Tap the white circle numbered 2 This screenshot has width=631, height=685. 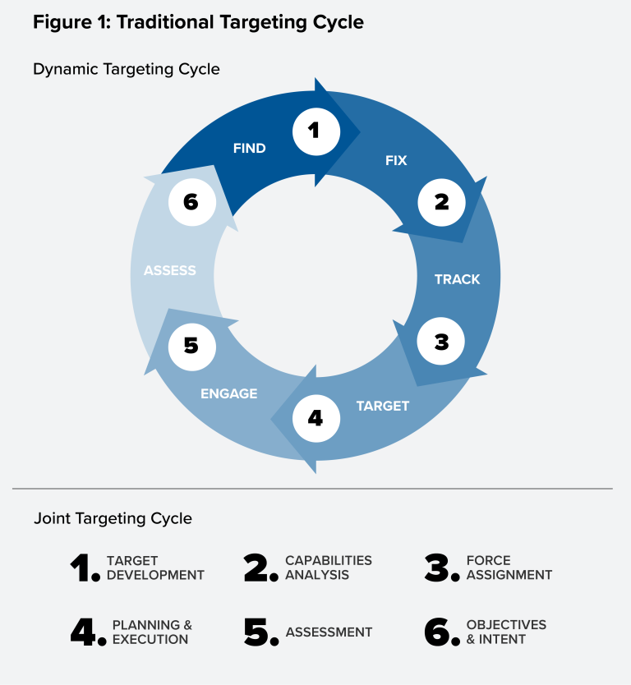click(x=441, y=202)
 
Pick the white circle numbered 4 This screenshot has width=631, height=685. click(x=315, y=418)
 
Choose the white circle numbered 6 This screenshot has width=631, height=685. click(x=191, y=202)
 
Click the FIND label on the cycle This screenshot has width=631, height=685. click(x=249, y=149)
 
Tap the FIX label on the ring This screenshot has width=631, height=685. click(x=396, y=160)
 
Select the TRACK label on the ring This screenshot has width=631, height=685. click(x=457, y=279)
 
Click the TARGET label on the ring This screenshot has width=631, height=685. click(x=382, y=406)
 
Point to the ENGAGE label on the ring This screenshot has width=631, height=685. click(x=229, y=393)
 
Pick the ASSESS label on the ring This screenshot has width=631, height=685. click(x=170, y=270)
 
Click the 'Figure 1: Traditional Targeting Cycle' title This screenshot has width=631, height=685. click(x=198, y=22)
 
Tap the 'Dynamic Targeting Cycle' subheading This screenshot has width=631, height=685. click(x=127, y=69)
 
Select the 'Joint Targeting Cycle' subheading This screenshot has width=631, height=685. click(x=113, y=519)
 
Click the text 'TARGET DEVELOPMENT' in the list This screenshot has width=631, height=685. click(x=154, y=568)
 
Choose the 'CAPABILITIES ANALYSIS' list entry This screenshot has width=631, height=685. click(x=328, y=568)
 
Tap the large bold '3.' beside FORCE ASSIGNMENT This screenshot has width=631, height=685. click(x=442, y=568)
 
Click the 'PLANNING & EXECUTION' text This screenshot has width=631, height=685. click(x=152, y=632)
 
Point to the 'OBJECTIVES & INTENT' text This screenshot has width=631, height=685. click(x=505, y=632)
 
